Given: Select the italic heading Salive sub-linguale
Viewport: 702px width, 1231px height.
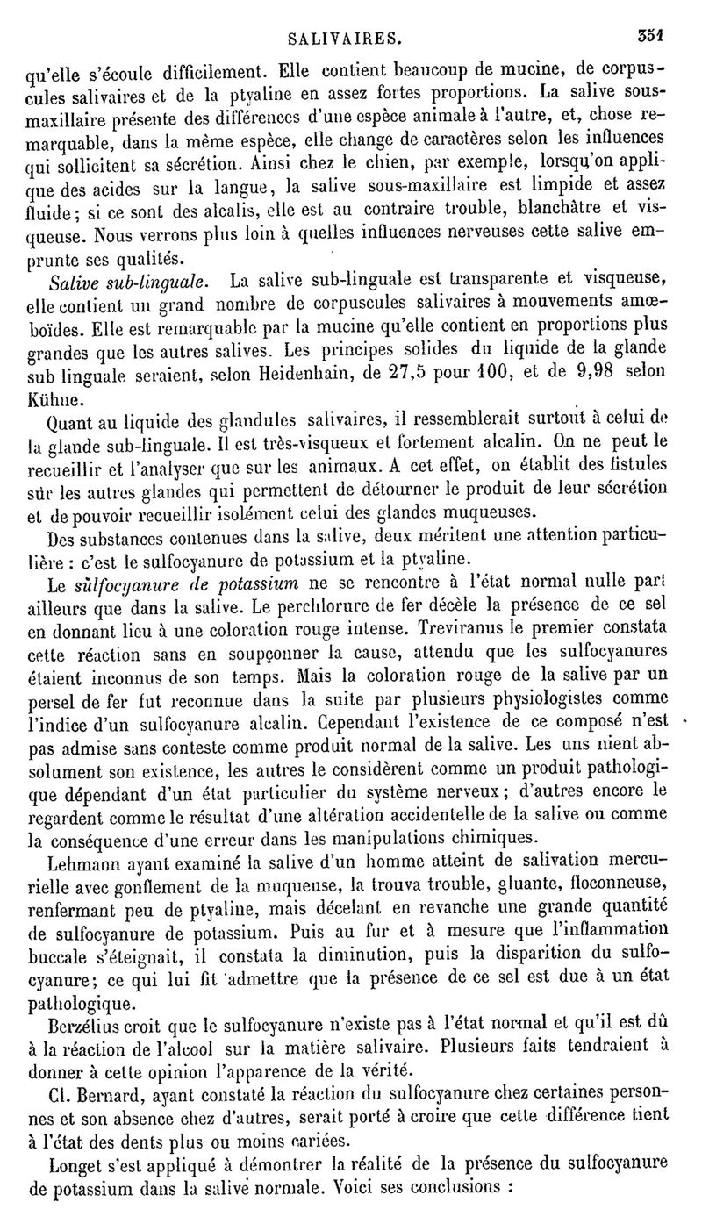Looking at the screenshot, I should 129,282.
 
